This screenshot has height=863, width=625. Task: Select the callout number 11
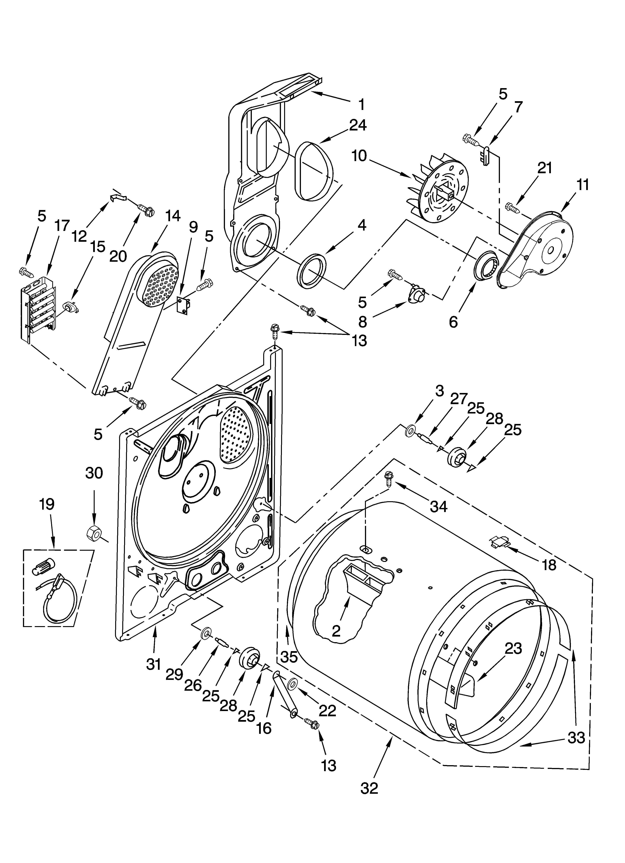pos(582,185)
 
